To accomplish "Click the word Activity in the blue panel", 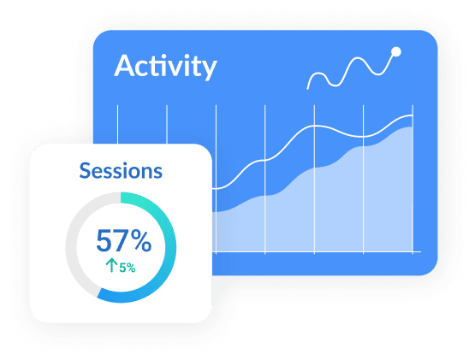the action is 165,67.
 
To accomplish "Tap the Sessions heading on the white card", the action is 121,171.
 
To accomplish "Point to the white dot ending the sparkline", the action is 396,52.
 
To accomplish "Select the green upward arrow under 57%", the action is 111,265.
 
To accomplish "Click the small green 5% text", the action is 128,268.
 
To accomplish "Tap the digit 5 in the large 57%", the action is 104,240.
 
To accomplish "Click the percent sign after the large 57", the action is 141,240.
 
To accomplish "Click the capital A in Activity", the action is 124,66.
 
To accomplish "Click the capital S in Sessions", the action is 85,171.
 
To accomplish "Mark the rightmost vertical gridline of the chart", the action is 413,180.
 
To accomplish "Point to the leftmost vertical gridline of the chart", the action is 117,124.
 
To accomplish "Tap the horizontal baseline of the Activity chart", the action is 317,251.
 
